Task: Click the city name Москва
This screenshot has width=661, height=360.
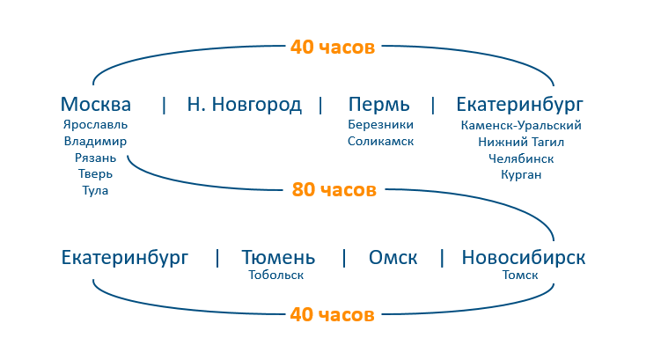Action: click(x=96, y=105)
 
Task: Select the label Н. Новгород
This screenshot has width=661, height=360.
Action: click(x=244, y=105)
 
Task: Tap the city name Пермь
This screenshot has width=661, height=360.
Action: click(x=379, y=105)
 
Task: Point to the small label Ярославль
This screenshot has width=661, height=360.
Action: click(x=95, y=125)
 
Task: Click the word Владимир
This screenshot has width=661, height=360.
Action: click(x=95, y=141)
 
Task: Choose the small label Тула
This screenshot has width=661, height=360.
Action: click(x=95, y=190)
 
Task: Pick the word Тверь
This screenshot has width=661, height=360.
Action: click(x=95, y=174)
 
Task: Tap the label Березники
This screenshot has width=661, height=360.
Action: click(x=380, y=125)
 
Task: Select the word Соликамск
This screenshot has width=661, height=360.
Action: click(x=380, y=141)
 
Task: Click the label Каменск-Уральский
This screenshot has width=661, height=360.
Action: click(x=521, y=125)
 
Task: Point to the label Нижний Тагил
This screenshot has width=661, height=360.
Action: click(x=521, y=142)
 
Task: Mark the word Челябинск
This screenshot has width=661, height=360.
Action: click(x=521, y=158)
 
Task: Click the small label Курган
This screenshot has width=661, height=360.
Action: click(x=521, y=174)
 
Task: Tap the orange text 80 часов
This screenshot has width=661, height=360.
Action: click(x=334, y=189)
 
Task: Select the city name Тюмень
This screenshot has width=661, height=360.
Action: click(x=278, y=258)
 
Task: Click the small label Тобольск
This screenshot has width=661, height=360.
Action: click(x=276, y=276)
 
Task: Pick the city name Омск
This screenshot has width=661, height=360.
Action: click(x=393, y=258)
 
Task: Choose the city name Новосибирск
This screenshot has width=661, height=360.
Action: click(x=523, y=258)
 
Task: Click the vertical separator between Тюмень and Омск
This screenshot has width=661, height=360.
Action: click(x=344, y=258)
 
